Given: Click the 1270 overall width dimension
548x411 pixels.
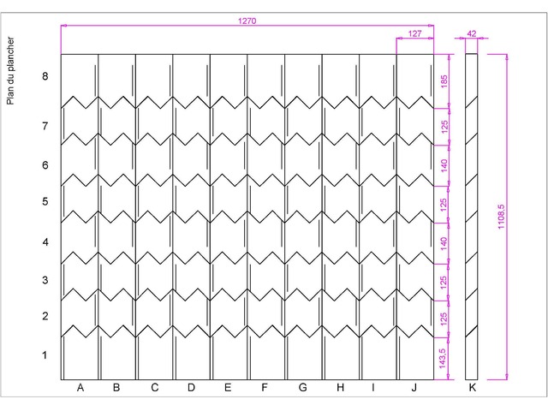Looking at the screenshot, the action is pos(247,21).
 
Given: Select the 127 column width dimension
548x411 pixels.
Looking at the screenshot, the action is pos(414,33).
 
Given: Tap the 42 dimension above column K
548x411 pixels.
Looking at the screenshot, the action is pos(472,33).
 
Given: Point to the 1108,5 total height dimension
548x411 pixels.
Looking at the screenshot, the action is pos(501,217).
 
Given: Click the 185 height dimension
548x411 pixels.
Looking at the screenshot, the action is pos(444,81).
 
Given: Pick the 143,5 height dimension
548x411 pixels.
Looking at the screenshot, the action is pos(443,359).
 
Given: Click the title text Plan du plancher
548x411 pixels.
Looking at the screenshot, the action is pos(10,71).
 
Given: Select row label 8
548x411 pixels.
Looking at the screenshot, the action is pos(45,76).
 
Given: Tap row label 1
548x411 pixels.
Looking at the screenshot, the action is pos(45,355).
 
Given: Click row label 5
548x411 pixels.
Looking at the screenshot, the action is pos(45,202).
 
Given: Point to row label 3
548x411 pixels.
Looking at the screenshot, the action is pos(45,280).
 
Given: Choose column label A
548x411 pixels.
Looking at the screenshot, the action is pos(80,388).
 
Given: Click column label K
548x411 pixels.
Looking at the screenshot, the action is pos(472,388).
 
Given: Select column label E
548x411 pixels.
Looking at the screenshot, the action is pos(228,388).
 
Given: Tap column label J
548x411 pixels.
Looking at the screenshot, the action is pos(414,388).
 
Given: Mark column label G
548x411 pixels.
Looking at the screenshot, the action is pos(303,388).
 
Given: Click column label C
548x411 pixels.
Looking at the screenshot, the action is pos(154,388).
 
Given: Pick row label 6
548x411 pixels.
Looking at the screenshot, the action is pos(45,165).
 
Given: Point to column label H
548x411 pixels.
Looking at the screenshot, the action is pos(341,388).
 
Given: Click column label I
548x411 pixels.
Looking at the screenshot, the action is pos(373,388).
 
